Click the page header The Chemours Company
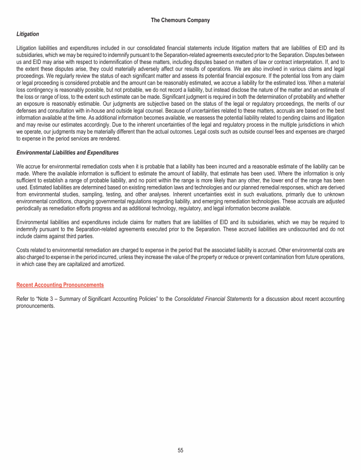pos(180,20)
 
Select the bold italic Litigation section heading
pos(28,34)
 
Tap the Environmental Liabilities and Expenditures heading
pos(67,153)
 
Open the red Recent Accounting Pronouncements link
pos(60,285)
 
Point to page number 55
pos(180,450)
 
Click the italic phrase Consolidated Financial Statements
pos(207,299)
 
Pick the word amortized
pos(112,265)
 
